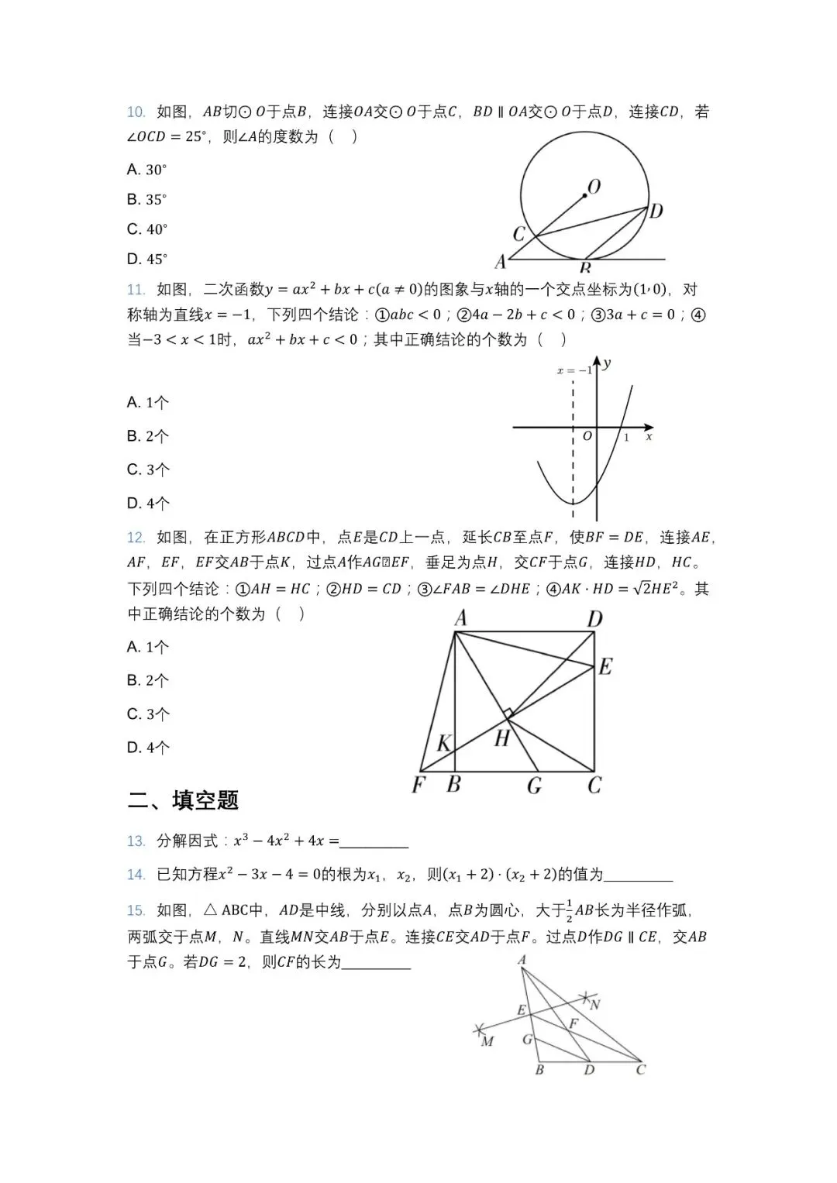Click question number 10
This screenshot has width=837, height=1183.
coord(136,112)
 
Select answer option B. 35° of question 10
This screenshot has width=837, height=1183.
coord(147,200)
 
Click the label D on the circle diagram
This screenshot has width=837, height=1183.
coord(656,211)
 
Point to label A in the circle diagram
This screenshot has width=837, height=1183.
coord(501,261)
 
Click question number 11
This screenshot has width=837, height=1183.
coord(136,290)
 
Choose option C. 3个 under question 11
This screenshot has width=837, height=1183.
coord(148,469)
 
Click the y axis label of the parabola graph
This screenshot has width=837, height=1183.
coord(607,363)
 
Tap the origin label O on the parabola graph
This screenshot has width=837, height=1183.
coord(587,436)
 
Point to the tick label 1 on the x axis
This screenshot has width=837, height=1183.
coord(626,438)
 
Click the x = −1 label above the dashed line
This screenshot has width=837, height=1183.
coord(574,370)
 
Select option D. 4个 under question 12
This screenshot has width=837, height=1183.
coord(148,748)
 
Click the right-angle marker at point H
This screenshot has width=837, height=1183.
coord(507,714)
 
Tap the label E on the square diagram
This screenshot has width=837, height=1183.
coord(605,666)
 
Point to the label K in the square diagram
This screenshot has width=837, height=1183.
coord(443,744)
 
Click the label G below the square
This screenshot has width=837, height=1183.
coord(534,786)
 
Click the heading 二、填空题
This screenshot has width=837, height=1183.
coord(183,800)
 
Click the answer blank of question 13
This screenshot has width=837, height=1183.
coord(374,842)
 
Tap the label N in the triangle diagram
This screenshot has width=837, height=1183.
coord(595,1005)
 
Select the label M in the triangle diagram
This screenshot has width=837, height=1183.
coord(487,1041)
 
